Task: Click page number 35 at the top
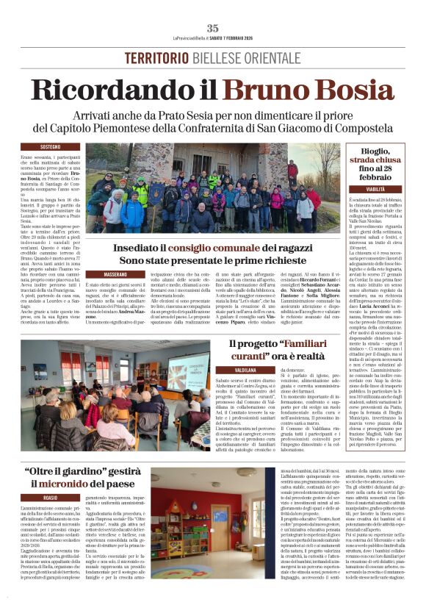pyautogui.click(x=212, y=28)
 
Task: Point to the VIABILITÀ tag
pyautogui.click(x=375, y=189)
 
